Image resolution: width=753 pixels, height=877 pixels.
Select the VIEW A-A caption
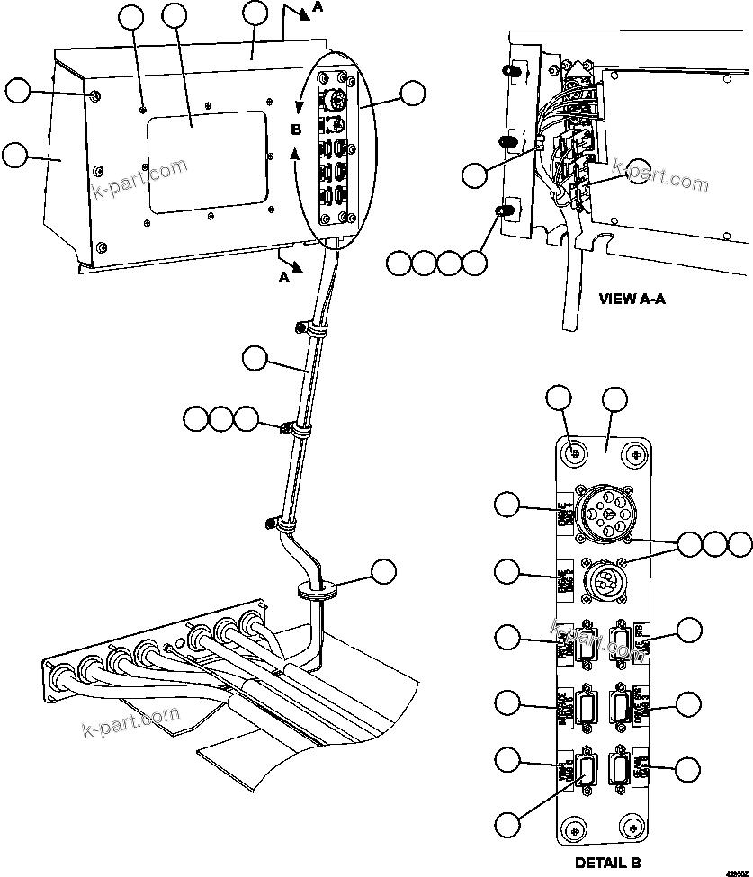[x=632, y=300]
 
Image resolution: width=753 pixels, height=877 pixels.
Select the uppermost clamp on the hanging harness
[x=309, y=331]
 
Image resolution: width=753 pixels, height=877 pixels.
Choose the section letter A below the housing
[x=284, y=278]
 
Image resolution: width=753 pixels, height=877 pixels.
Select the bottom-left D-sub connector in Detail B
[x=587, y=770]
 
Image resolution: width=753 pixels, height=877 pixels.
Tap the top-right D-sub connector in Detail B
[x=620, y=642]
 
